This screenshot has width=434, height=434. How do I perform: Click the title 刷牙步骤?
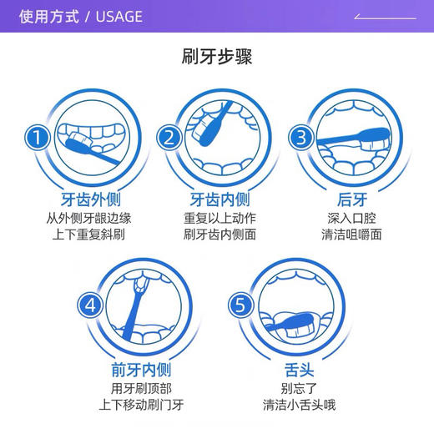tap(217, 57)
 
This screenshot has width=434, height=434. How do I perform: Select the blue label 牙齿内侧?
tap(220, 200)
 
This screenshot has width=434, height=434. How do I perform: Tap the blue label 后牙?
tap(351, 200)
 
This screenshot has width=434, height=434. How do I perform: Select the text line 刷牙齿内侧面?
tap(220, 235)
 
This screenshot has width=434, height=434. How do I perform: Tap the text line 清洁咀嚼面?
tap(351, 235)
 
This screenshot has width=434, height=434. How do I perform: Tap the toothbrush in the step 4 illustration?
tap(136, 300)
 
